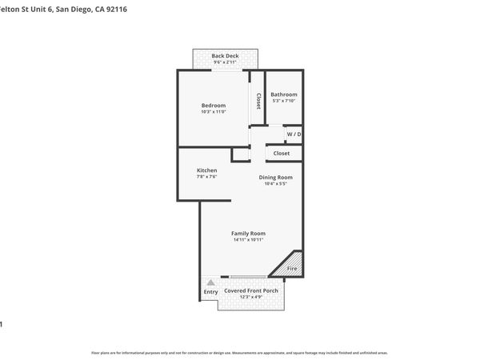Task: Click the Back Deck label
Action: pos(225,56)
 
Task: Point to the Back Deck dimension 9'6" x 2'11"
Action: pos(225,62)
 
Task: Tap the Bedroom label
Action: pos(213,106)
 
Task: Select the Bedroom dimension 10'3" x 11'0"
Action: pos(213,111)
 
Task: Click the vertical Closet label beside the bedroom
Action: pos(258,101)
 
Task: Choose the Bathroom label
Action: pos(284,94)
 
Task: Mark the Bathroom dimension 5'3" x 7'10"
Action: pos(284,100)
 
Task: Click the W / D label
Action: pos(294,134)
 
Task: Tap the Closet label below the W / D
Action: pos(282,153)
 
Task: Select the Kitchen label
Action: pos(206,170)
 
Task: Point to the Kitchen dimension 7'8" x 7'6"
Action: pos(206,177)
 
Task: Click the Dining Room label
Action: pos(275,177)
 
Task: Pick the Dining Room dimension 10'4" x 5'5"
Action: pos(275,183)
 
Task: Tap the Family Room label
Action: pos(248,233)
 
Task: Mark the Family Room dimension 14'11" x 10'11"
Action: pos(248,239)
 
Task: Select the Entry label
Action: pos(210,292)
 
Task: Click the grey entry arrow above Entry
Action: pos(210,282)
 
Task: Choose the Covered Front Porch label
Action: pos(251,290)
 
